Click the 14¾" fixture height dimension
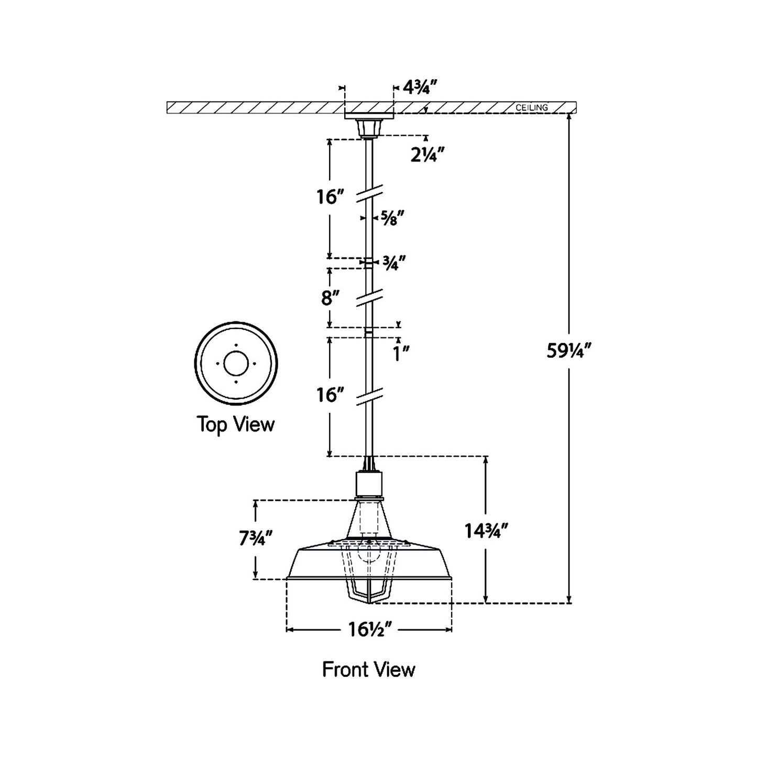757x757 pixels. [x=487, y=532]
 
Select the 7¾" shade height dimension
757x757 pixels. [x=256, y=539]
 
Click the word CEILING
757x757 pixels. [x=532, y=107]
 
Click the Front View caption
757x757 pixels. [x=369, y=669]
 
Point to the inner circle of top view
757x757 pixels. [x=236, y=363]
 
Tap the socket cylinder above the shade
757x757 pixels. [x=369, y=485]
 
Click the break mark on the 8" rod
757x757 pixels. [x=370, y=297]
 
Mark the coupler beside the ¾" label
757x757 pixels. [x=369, y=262]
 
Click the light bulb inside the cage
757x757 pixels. [x=369, y=555]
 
